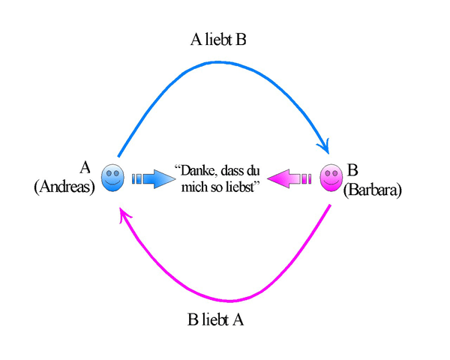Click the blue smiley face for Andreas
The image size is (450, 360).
(112, 178)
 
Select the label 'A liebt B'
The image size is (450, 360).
(218, 40)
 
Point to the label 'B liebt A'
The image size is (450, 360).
(215, 319)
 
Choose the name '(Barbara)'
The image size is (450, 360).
(373, 189)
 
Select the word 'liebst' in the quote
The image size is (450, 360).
(240, 187)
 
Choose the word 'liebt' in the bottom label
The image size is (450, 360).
(216, 319)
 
